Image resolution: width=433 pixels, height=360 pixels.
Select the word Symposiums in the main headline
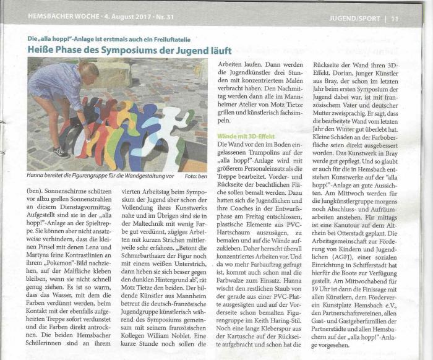click(144, 50)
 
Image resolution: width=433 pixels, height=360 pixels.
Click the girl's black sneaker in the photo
click(59, 152)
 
